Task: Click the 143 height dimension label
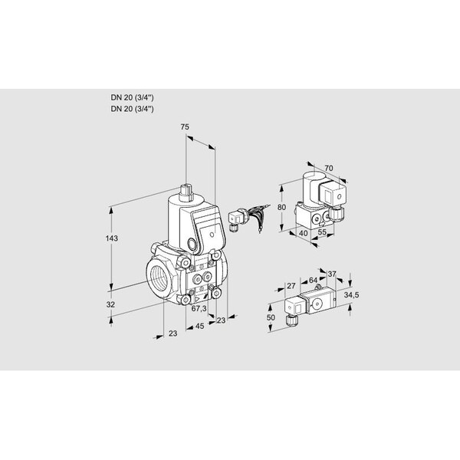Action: tap(112, 238)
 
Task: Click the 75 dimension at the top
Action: tap(185, 127)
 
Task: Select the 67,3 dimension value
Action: tap(199, 308)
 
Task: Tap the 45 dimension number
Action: tap(199, 326)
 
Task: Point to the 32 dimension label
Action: tap(110, 304)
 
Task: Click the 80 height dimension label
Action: tap(281, 207)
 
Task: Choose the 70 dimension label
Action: tap(329, 169)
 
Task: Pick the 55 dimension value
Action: tap(322, 232)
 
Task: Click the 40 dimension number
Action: tap(304, 233)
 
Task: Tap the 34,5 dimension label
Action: tap(351, 295)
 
